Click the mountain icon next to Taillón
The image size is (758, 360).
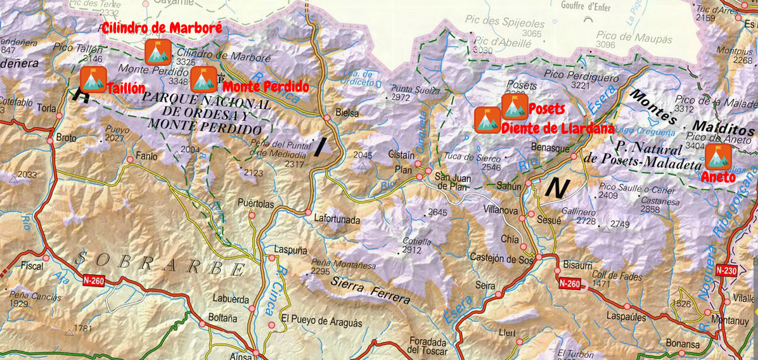coord(93,80)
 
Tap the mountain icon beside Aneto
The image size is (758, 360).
coord(718,157)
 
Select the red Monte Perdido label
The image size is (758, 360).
coord(266,86)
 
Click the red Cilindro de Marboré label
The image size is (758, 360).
coord(162,28)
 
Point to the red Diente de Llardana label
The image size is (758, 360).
coord(557,129)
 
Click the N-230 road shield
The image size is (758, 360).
coord(727,270)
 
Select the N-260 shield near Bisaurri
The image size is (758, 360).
coord(570,283)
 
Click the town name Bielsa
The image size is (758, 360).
coord(346,113)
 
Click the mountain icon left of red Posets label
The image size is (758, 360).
coord(514,106)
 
